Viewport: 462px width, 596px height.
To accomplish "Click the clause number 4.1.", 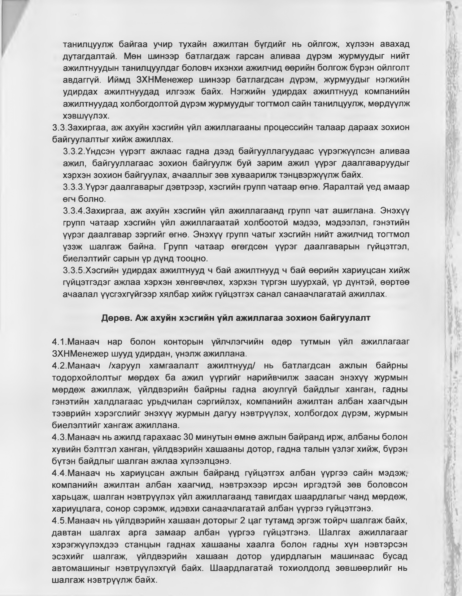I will tap(59, 341).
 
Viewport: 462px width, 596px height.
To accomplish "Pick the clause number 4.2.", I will tap(59, 365).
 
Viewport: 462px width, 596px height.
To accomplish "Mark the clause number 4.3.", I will tap(59, 437).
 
